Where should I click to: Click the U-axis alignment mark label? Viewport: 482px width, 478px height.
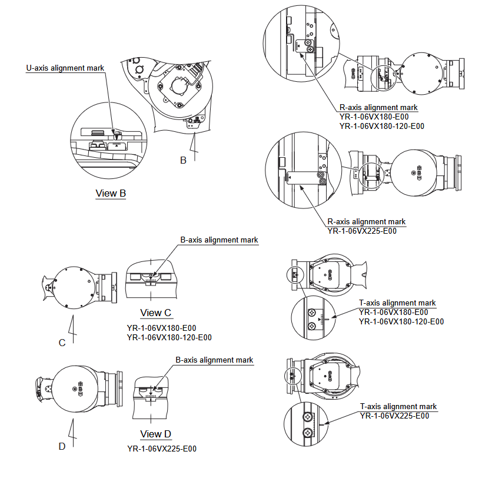(x=65, y=68)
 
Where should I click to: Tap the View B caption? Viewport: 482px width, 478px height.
(x=111, y=193)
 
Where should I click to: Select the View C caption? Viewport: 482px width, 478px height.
(x=156, y=313)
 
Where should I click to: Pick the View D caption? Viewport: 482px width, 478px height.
(x=156, y=434)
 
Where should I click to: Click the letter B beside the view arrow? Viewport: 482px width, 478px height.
(x=183, y=160)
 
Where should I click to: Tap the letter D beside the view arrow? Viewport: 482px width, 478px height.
(x=62, y=446)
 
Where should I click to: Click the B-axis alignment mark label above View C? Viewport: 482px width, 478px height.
(x=219, y=240)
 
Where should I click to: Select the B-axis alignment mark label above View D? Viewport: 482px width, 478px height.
(x=215, y=360)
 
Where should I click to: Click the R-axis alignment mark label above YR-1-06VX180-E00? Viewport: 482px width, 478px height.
(x=379, y=108)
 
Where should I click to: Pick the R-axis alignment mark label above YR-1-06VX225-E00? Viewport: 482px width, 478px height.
(x=367, y=222)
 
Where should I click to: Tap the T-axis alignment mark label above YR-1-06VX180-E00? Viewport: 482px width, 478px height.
(x=398, y=303)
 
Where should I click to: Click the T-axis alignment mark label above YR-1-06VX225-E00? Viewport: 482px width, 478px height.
(x=398, y=406)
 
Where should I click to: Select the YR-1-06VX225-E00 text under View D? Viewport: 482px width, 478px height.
(x=161, y=449)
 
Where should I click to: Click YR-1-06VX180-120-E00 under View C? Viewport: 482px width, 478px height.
(x=169, y=337)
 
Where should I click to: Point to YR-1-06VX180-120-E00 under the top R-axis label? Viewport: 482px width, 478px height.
(x=382, y=125)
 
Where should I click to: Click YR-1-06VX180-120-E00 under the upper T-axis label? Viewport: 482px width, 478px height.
(x=401, y=321)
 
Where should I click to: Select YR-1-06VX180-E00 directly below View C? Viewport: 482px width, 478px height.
(x=161, y=328)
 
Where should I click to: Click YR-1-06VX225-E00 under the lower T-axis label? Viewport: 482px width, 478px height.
(x=394, y=416)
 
